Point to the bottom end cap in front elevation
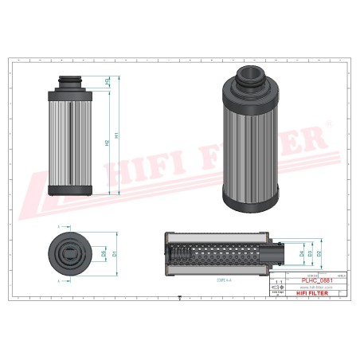pyautogui.click(x=72, y=190)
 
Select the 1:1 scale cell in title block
pyautogui.click(x=278, y=281)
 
